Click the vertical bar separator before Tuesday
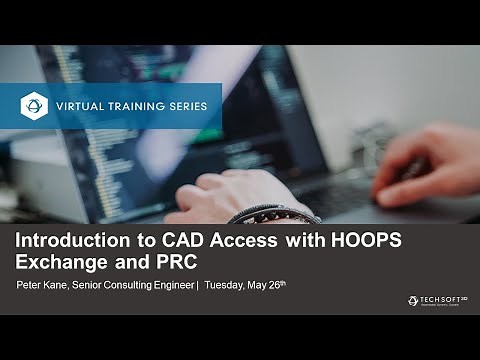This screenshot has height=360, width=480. click(198, 285)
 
